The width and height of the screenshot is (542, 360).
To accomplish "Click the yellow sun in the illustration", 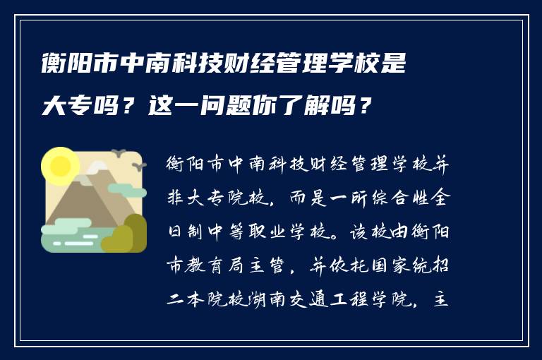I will tap(59, 165).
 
